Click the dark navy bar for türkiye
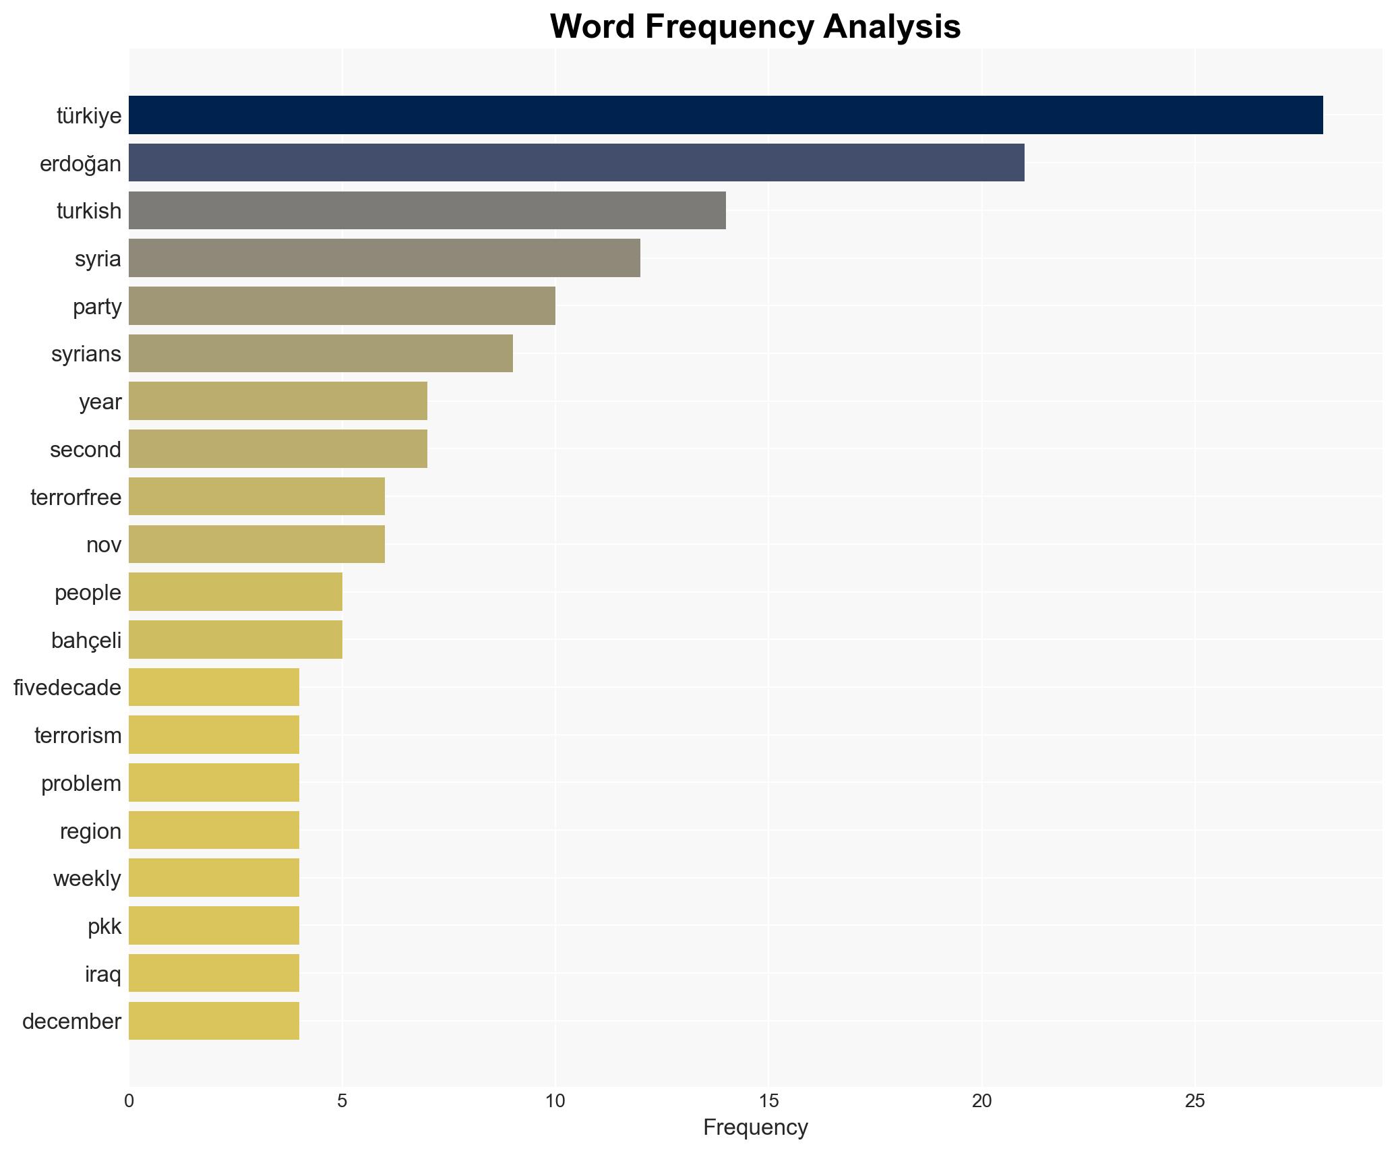725,115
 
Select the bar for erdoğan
576,162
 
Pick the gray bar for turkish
427,210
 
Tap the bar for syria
384,258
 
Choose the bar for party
342,306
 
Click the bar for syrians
321,353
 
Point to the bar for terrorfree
257,496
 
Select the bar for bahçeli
235,639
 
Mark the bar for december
214,1021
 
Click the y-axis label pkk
104,926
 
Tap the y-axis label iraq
103,974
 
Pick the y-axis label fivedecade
67,688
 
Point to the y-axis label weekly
87,879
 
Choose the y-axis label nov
104,544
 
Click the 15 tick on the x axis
768,1101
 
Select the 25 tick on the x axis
1194,1101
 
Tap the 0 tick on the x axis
129,1101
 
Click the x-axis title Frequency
755,1127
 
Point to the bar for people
235,592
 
